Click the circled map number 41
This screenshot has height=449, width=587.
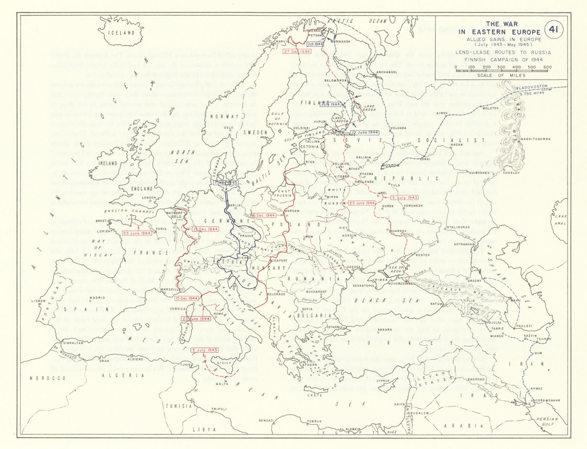click(x=554, y=29)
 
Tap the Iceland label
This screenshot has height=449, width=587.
click(x=121, y=33)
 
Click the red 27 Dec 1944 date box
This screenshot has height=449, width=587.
click(x=297, y=51)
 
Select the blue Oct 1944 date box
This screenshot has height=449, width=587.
click(x=315, y=44)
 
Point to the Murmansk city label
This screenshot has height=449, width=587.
click(x=340, y=41)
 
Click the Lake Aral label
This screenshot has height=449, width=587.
click(x=560, y=220)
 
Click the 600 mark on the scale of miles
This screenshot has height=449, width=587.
click(x=547, y=67)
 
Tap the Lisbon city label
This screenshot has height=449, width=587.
click(x=39, y=301)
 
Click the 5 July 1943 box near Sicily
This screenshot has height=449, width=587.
click(x=205, y=350)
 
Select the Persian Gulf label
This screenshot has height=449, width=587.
click(x=547, y=421)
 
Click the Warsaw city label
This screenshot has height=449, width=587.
click(x=292, y=211)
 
